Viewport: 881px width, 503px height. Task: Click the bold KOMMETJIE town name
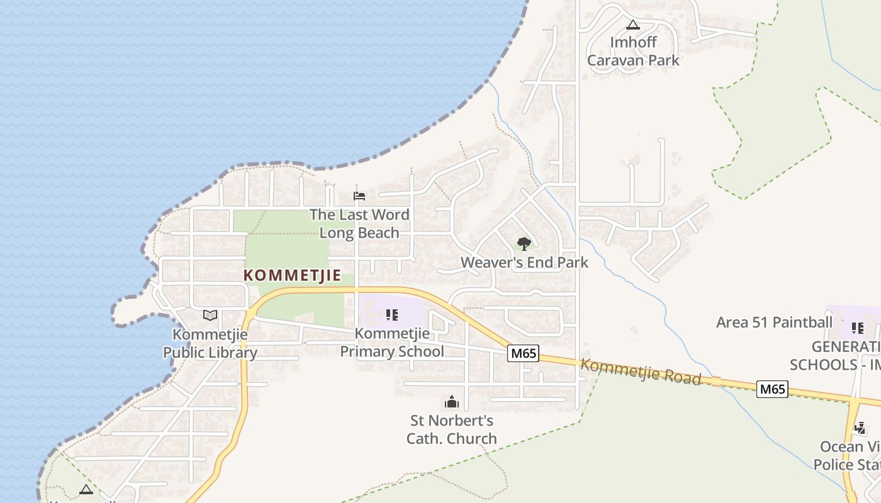pyautogui.click(x=292, y=275)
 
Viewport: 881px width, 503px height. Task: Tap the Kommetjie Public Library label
pyautogui.click(x=210, y=343)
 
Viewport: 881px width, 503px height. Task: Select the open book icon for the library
pyautogui.click(x=210, y=315)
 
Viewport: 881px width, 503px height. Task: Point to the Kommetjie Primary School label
pyautogui.click(x=392, y=343)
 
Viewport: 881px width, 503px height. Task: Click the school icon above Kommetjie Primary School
pyautogui.click(x=392, y=314)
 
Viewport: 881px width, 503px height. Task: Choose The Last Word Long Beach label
pyautogui.click(x=359, y=223)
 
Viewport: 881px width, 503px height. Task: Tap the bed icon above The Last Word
pyautogui.click(x=359, y=196)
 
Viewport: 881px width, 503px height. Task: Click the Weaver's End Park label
pyautogui.click(x=524, y=262)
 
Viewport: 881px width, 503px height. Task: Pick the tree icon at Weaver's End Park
pyautogui.click(x=524, y=243)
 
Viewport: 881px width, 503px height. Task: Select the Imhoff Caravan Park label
pyautogui.click(x=633, y=52)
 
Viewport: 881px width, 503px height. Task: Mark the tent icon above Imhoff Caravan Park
pyautogui.click(x=633, y=25)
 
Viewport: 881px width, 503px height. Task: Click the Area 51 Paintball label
pyautogui.click(x=774, y=323)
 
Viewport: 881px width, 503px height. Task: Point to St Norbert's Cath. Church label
pyautogui.click(x=452, y=429)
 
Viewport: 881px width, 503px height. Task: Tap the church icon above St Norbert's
pyautogui.click(x=451, y=402)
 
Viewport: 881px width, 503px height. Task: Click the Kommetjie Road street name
pyautogui.click(x=640, y=371)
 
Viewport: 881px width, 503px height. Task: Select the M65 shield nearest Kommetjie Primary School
pyautogui.click(x=524, y=353)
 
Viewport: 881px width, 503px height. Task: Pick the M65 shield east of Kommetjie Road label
pyautogui.click(x=772, y=389)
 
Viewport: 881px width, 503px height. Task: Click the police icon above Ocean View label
pyautogui.click(x=860, y=428)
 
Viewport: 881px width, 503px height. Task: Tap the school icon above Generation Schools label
pyautogui.click(x=857, y=328)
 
